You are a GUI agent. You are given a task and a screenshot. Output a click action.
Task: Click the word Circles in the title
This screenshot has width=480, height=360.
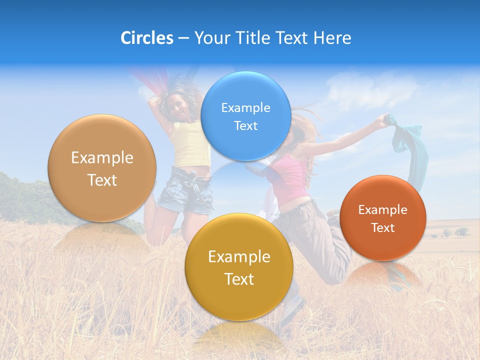click(146, 38)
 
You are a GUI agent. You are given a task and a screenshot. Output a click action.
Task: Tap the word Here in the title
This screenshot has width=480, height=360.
click(332, 38)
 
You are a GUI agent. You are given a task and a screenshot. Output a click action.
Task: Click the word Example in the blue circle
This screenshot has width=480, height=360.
click(245, 107)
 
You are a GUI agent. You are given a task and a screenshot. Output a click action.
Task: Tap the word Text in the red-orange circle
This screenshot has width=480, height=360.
click(382, 228)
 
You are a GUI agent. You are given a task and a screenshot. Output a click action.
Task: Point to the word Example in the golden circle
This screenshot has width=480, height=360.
click(239, 257)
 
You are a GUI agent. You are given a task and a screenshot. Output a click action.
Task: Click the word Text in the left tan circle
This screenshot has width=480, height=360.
click(102, 180)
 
